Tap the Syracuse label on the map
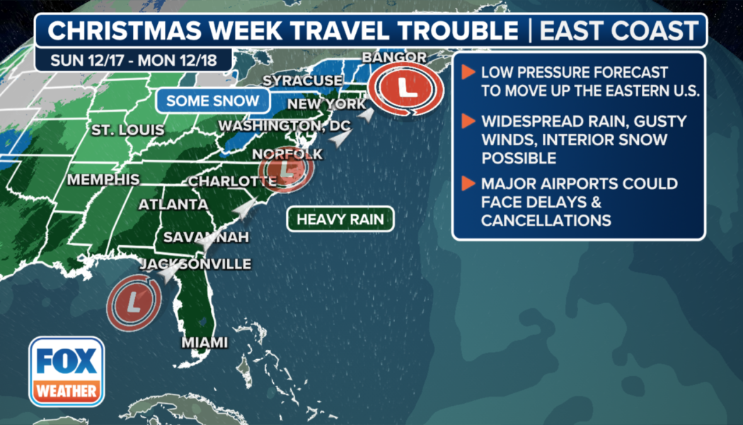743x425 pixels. (302, 80)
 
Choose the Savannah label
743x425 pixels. (206, 237)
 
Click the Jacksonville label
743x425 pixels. (196, 264)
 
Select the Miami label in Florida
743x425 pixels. (205, 343)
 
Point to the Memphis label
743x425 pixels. (103, 180)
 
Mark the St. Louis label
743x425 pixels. (127, 130)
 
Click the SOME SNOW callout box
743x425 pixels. (213, 101)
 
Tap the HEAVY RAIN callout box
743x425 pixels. (340, 219)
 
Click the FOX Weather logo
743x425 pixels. (67, 371)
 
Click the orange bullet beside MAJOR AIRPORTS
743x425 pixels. (468, 184)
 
